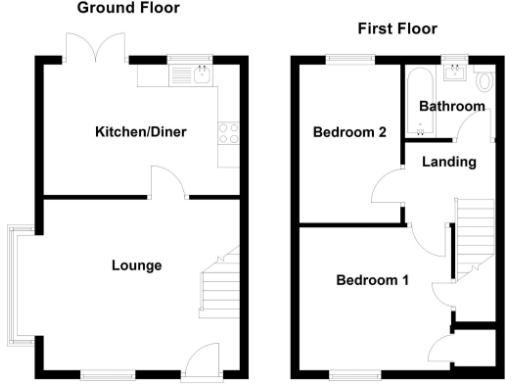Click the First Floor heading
click(397, 29)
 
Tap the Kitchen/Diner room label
click(141, 132)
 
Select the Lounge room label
click(136, 265)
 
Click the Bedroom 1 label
click(372, 280)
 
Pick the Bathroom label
click(452, 106)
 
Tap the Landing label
click(447, 162)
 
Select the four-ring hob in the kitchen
click(228, 132)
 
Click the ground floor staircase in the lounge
click(220, 284)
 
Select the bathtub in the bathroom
click(419, 100)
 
